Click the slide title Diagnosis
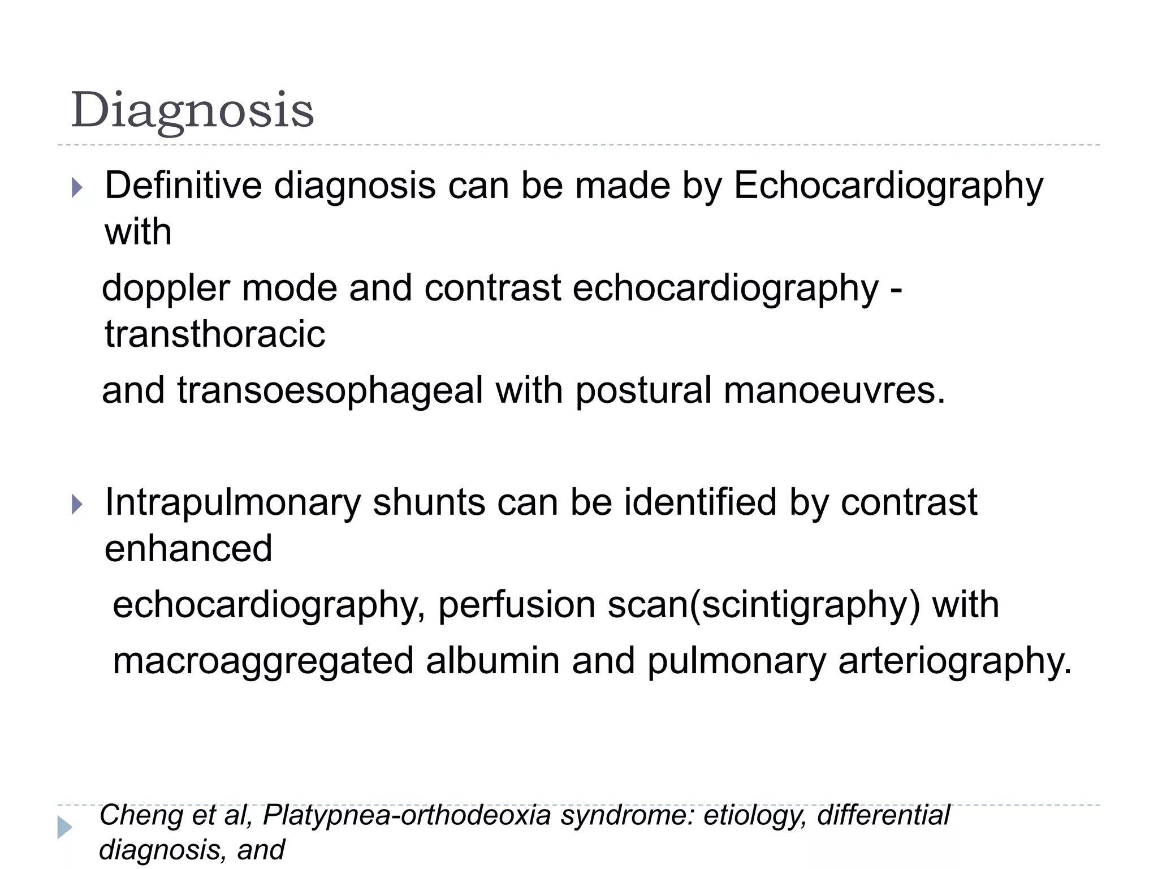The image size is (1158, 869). point(192,111)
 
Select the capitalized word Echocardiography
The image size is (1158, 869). point(888,187)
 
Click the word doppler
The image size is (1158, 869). point(165,289)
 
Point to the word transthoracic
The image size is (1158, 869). point(215,334)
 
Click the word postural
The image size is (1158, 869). point(643,392)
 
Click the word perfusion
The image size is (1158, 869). point(516,605)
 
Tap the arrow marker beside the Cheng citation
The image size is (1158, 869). point(64,828)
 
